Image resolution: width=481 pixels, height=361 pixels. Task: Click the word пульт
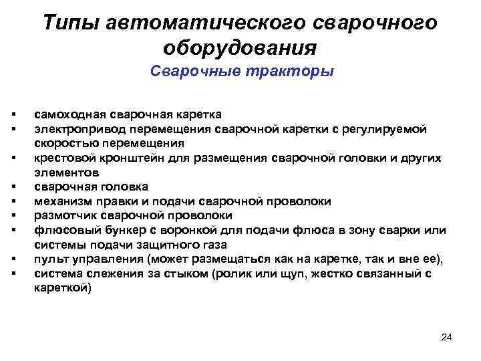pos(48,259)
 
